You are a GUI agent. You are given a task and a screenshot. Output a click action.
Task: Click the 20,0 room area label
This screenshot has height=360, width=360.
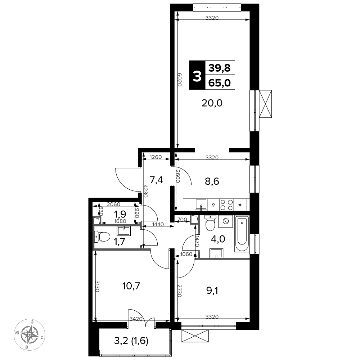click(x=212, y=103)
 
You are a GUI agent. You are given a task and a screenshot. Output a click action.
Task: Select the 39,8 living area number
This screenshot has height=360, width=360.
click(x=220, y=68)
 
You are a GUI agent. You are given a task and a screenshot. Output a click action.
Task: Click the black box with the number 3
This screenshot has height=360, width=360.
click(x=197, y=75)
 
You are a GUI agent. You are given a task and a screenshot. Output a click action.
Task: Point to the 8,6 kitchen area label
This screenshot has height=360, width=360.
click(x=212, y=181)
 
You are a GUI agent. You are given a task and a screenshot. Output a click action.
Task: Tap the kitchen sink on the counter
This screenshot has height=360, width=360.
click(x=201, y=205)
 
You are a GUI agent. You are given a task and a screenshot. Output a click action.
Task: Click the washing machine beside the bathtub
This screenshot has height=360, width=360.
click(x=225, y=221)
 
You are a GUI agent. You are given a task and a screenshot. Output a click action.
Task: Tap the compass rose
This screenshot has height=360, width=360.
click(x=30, y=334)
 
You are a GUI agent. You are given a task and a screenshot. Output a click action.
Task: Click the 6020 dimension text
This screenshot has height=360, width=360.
click(x=180, y=80)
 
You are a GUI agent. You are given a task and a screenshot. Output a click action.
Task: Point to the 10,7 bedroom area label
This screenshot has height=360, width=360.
click(x=131, y=286)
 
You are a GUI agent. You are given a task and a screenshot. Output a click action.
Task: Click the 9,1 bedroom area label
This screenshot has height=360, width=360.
click(x=212, y=291)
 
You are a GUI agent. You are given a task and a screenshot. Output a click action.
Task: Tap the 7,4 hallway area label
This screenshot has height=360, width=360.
click(x=156, y=180)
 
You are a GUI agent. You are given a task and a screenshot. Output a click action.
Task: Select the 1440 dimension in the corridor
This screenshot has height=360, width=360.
click(x=158, y=224)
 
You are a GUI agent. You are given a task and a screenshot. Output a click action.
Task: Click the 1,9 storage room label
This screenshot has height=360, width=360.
click(x=120, y=214)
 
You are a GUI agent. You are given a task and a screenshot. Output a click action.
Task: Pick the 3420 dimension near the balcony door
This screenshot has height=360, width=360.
click(x=136, y=319)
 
